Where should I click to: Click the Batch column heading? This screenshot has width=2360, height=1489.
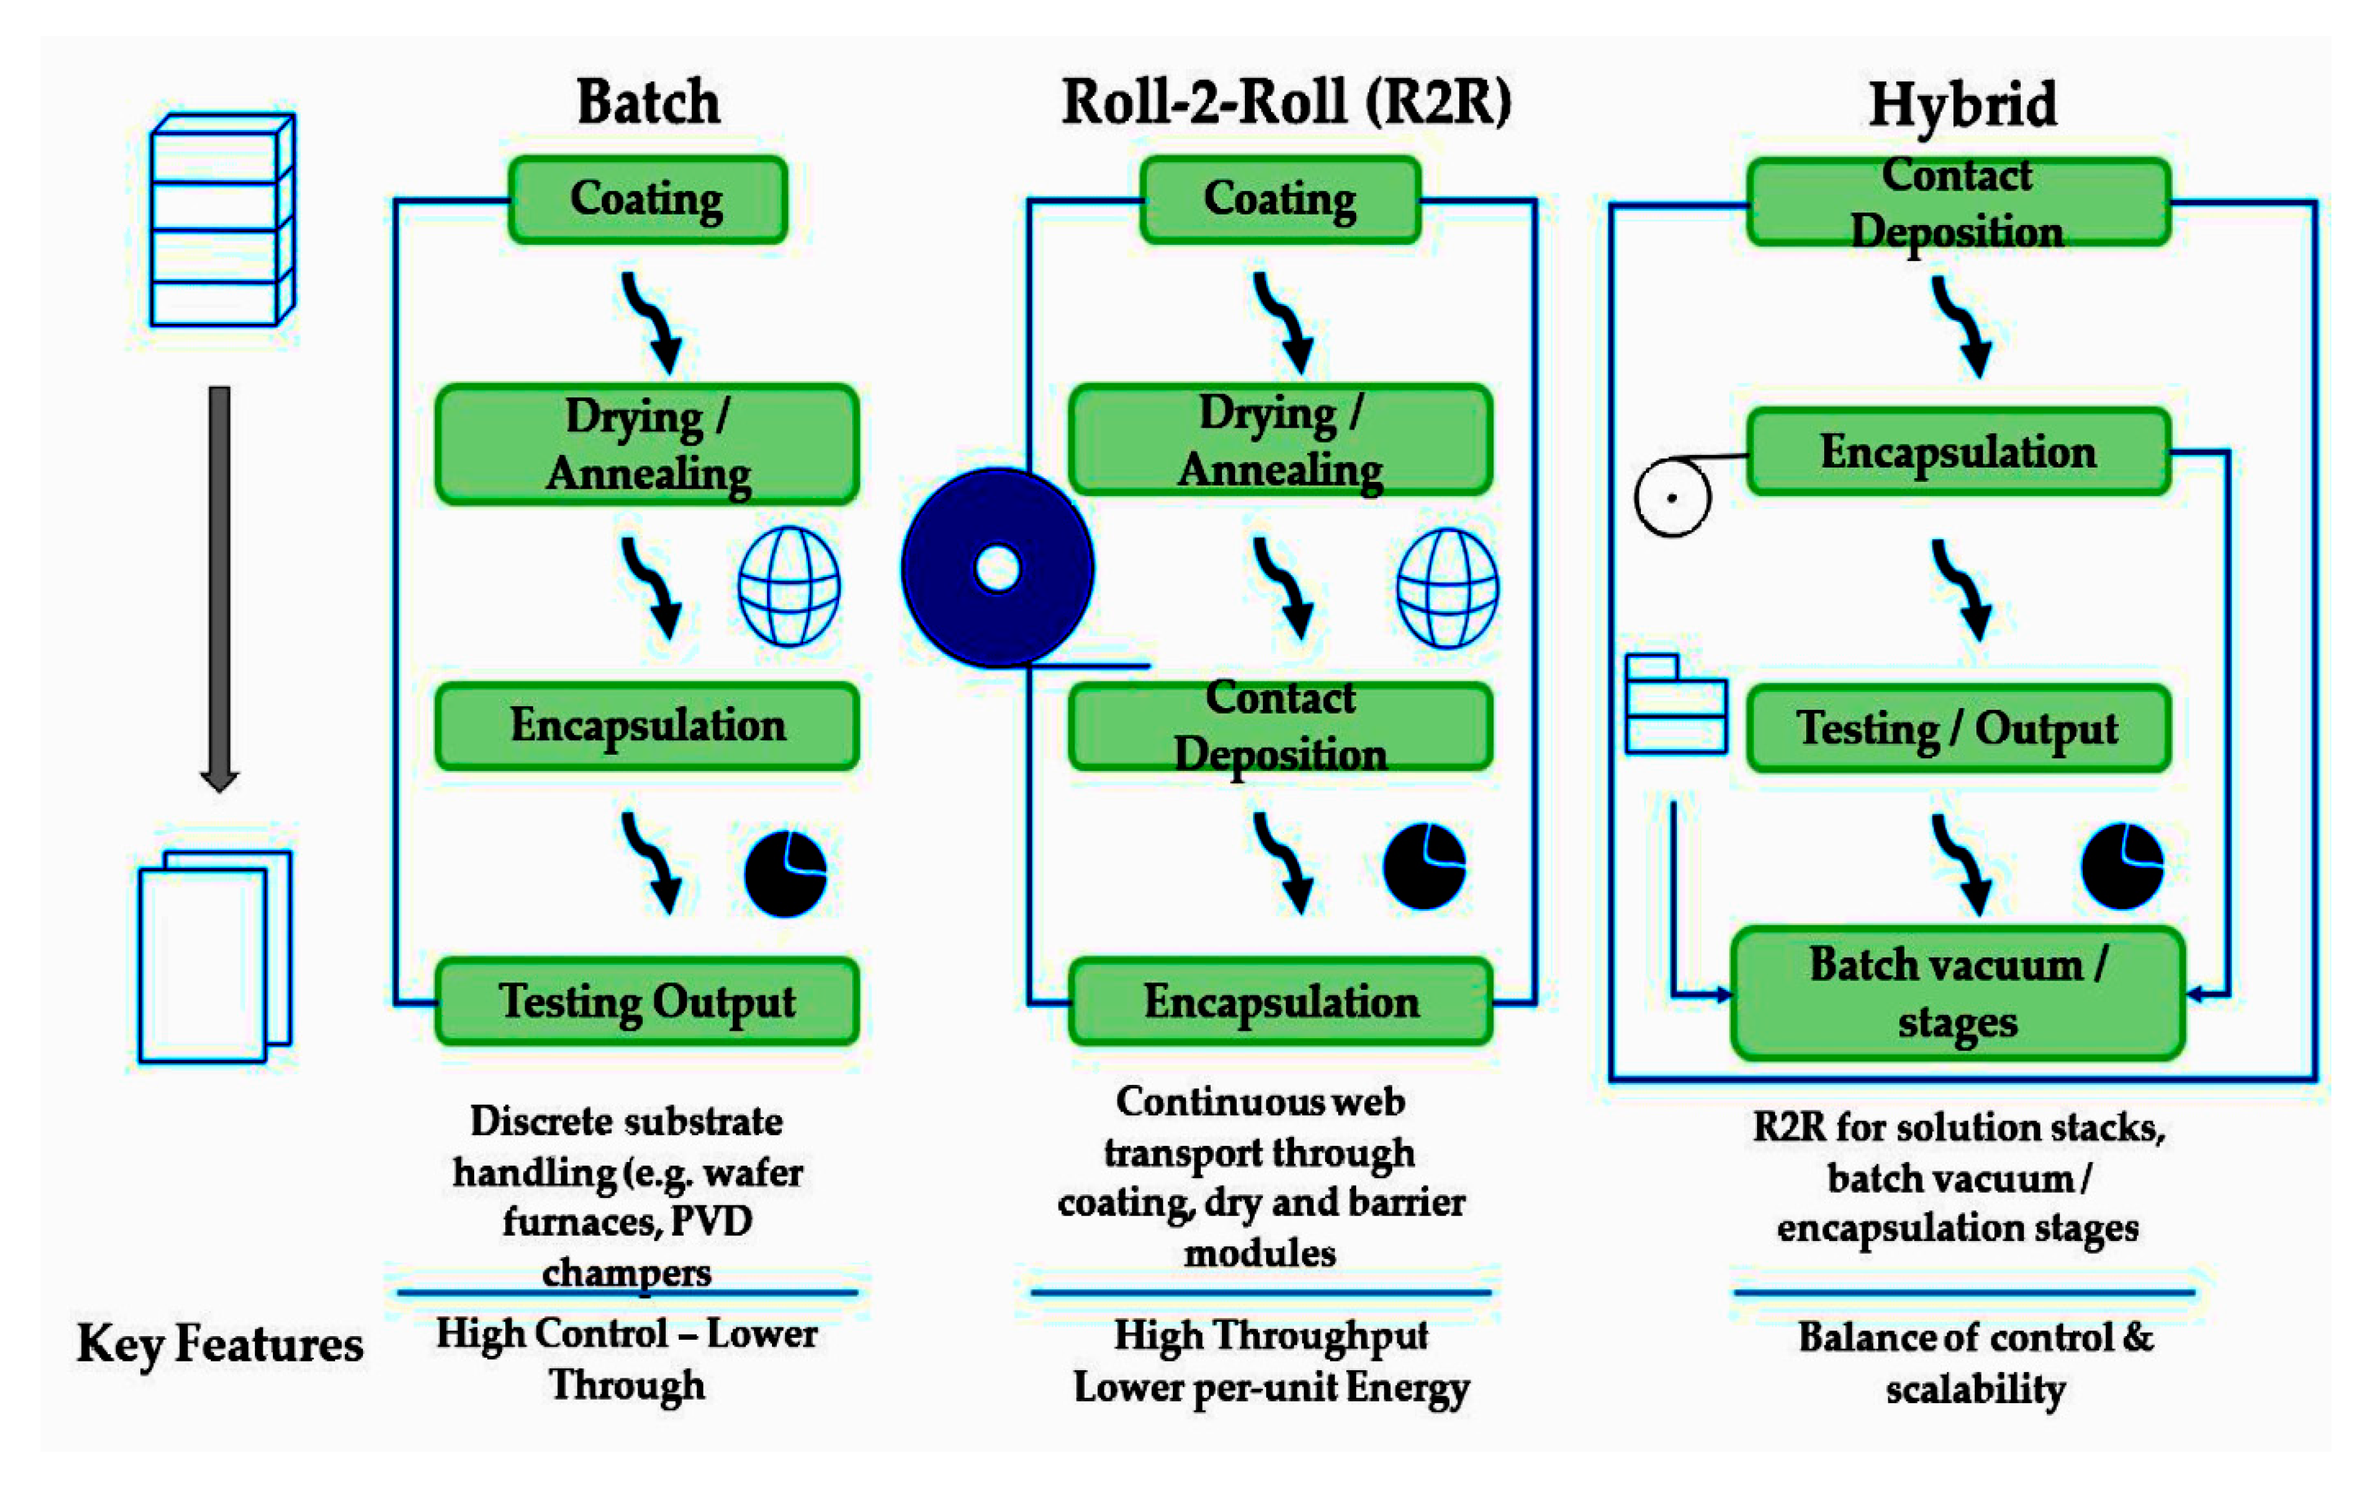tap(648, 102)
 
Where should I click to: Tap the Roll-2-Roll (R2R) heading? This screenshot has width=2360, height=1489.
tap(1286, 102)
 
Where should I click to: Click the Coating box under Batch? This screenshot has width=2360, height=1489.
tap(648, 200)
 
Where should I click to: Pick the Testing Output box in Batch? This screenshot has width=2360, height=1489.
tap(648, 1002)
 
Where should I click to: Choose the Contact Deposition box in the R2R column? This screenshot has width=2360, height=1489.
tap(1280, 726)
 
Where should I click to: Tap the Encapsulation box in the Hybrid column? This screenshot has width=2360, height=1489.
tap(1958, 452)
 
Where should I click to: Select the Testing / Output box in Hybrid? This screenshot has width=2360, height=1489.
tap(1958, 728)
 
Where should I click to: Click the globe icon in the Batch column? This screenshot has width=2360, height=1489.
tap(789, 586)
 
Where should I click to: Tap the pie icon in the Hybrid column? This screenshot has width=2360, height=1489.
tap(2122, 867)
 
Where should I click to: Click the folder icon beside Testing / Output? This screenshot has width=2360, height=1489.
tap(1675, 705)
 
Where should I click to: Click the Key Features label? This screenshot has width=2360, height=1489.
tap(219, 1343)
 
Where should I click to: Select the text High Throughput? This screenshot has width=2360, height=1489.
tap(1271, 1335)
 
